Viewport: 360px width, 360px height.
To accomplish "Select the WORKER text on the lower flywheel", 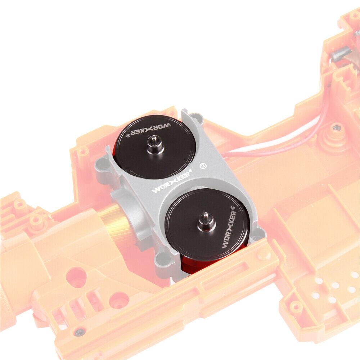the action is pos(229,230).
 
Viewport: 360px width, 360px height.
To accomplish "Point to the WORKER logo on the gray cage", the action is pos(171,182).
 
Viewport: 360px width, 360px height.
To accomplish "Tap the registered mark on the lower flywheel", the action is pos(232,208).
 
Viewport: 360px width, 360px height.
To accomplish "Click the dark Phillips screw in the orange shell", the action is pos(80,332).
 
